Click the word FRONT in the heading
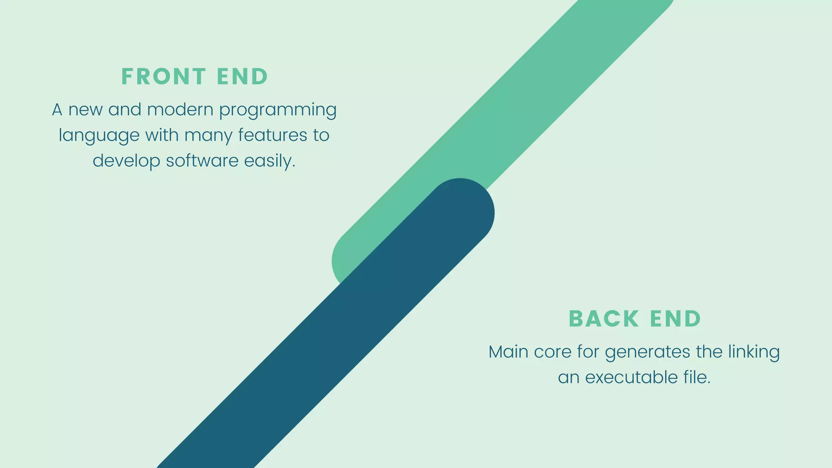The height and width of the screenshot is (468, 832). click(x=164, y=76)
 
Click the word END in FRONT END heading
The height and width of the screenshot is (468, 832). click(x=242, y=76)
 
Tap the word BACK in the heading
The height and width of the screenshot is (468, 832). click(x=604, y=318)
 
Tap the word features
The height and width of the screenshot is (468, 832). click(x=273, y=135)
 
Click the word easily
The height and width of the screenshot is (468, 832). click(x=269, y=161)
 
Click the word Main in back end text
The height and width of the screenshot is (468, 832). click(x=508, y=352)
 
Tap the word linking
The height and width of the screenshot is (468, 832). click(x=754, y=352)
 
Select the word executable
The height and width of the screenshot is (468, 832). click(x=631, y=377)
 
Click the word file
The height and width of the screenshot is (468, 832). click(x=696, y=377)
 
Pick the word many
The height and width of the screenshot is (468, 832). click(x=208, y=136)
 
